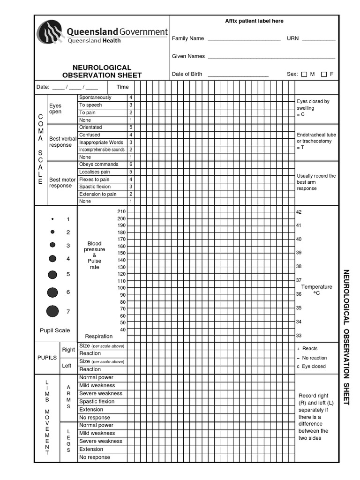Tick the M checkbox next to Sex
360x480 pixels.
pyautogui.click(x=304, y=74)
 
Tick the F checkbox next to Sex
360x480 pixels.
pyautogui.click(x=324, y=74)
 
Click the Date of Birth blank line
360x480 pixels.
pyautogui.click(x=238, y=75)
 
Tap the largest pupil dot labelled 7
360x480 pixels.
pyautogui.click(x=52, y=311)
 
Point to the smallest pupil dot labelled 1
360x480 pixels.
pyautogui.click(x=52, y=219)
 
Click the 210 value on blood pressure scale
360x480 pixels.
pyautogui.click(x=121, y=212)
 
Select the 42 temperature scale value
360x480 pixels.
pyautogui.click(x=299, y=212)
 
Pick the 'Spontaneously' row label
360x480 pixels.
pyautogui.click(x=95, y=97)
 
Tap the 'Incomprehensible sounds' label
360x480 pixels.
pyautogui.click(x=102, y=150)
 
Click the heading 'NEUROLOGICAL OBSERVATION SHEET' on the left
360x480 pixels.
pyautogui.click(x=102, y=71)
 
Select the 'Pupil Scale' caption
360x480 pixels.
pyautogui.click(x=55, y=330)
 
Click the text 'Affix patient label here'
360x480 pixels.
pyautogui.click(x=254, y=21)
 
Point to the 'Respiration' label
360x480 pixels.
pyautogui.click(x=99, y=336)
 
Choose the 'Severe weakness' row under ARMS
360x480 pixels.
pyautogui.click(x=101, y=394)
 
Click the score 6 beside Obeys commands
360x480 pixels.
pyautogui.click(x=131, y=165)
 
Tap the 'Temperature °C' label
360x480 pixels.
pyautogui.click(x=316, y=290)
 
